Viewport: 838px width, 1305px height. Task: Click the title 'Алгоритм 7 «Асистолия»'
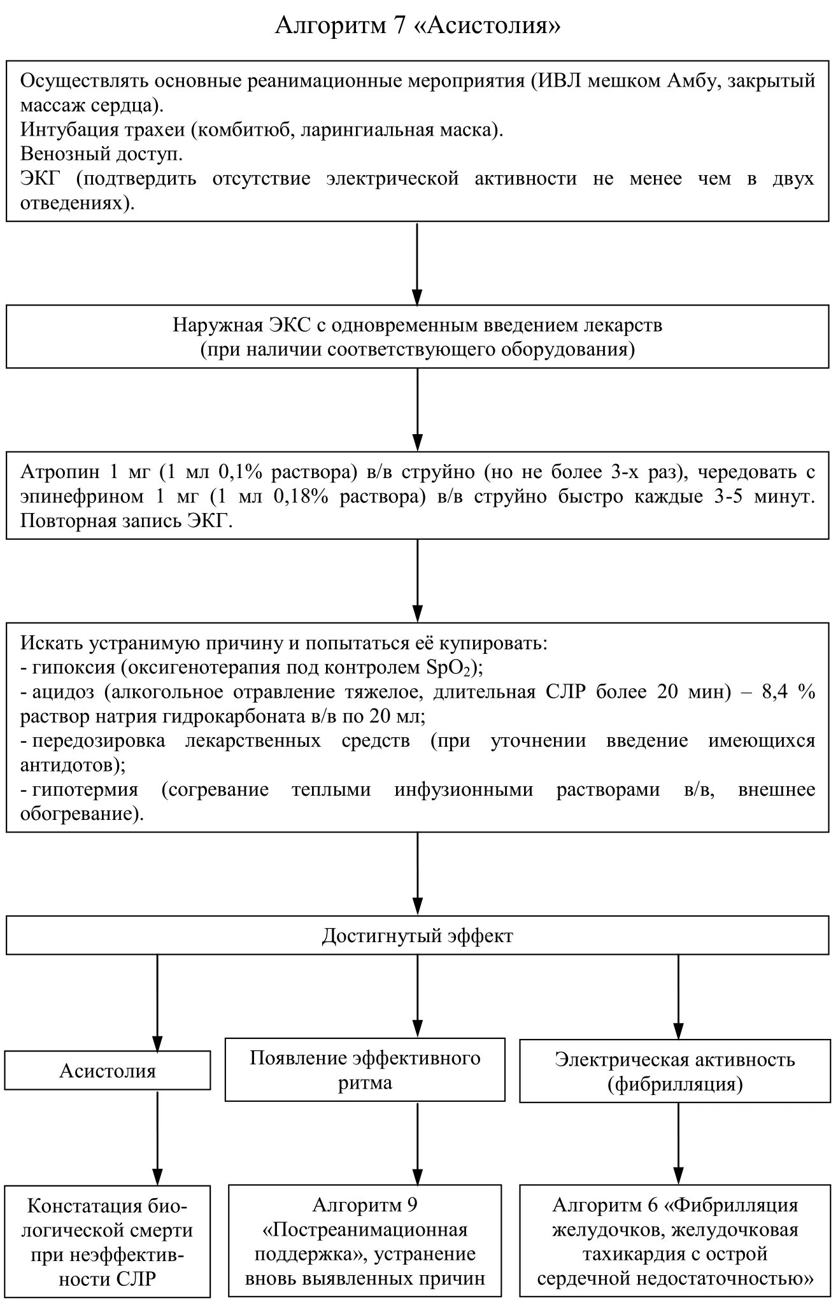click(x=418, y=25)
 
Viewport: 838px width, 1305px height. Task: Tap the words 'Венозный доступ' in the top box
click(x=101, y=154)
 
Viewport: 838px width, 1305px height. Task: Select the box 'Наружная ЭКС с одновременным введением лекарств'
click(x=418, y=336)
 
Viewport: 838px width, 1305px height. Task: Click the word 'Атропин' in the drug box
click(x=60, y=472)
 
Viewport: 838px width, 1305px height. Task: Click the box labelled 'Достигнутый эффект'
click(x=418, y=935)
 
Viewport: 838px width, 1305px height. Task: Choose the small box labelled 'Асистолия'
click(x=108, y=1071)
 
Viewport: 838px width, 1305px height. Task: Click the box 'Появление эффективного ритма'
click(x=365, y=1070)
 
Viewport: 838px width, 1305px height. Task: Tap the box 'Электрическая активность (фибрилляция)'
click(x=675, y=1071)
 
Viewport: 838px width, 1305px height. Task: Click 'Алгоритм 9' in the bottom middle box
click(x=365, y=1204)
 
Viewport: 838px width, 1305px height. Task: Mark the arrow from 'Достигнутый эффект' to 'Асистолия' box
click(x=157, y=1003)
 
